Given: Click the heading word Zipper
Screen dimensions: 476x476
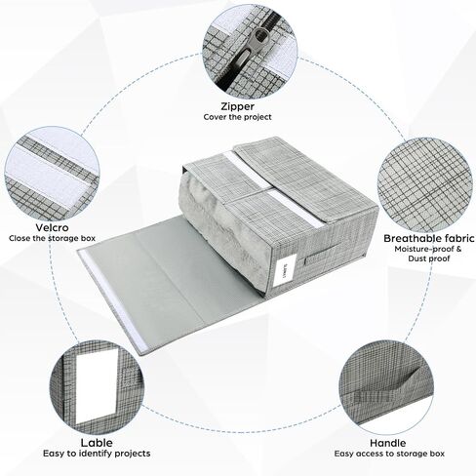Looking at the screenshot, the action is pos(237,106).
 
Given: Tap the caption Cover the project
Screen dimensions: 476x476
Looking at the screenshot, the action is pos(237,117).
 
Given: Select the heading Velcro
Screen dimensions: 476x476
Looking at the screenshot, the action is pos(52,227).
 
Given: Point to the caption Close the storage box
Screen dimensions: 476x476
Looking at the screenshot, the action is pos(52,238).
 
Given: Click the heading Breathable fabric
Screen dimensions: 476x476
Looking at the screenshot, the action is pos(429,238).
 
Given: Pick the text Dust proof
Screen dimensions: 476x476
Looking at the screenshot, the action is pos(429,258).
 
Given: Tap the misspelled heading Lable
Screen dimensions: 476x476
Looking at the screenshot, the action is pos(97,443).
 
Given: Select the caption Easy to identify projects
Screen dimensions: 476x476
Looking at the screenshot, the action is pos(97,454).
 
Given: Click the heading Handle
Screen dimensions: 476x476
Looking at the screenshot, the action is pos(388,443).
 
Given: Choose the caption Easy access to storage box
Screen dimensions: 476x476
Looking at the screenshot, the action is pos(389,454).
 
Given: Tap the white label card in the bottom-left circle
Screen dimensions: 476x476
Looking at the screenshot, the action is pos(97,384).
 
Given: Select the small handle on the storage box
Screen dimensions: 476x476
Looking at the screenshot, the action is pos(320,256).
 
